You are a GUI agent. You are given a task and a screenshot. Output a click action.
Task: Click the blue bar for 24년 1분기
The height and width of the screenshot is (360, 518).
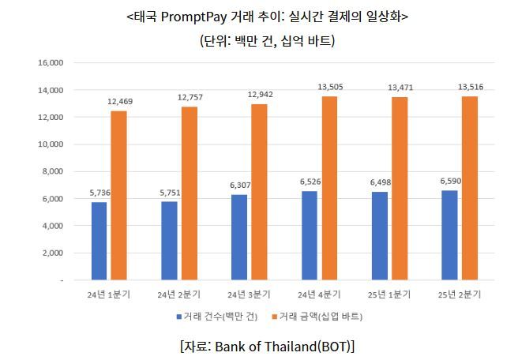click(99, 241)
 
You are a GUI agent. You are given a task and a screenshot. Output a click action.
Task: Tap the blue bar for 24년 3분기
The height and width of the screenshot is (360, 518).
click(238, 237)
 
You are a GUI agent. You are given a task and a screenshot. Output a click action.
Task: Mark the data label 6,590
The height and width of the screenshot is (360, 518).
click(450, 181)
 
